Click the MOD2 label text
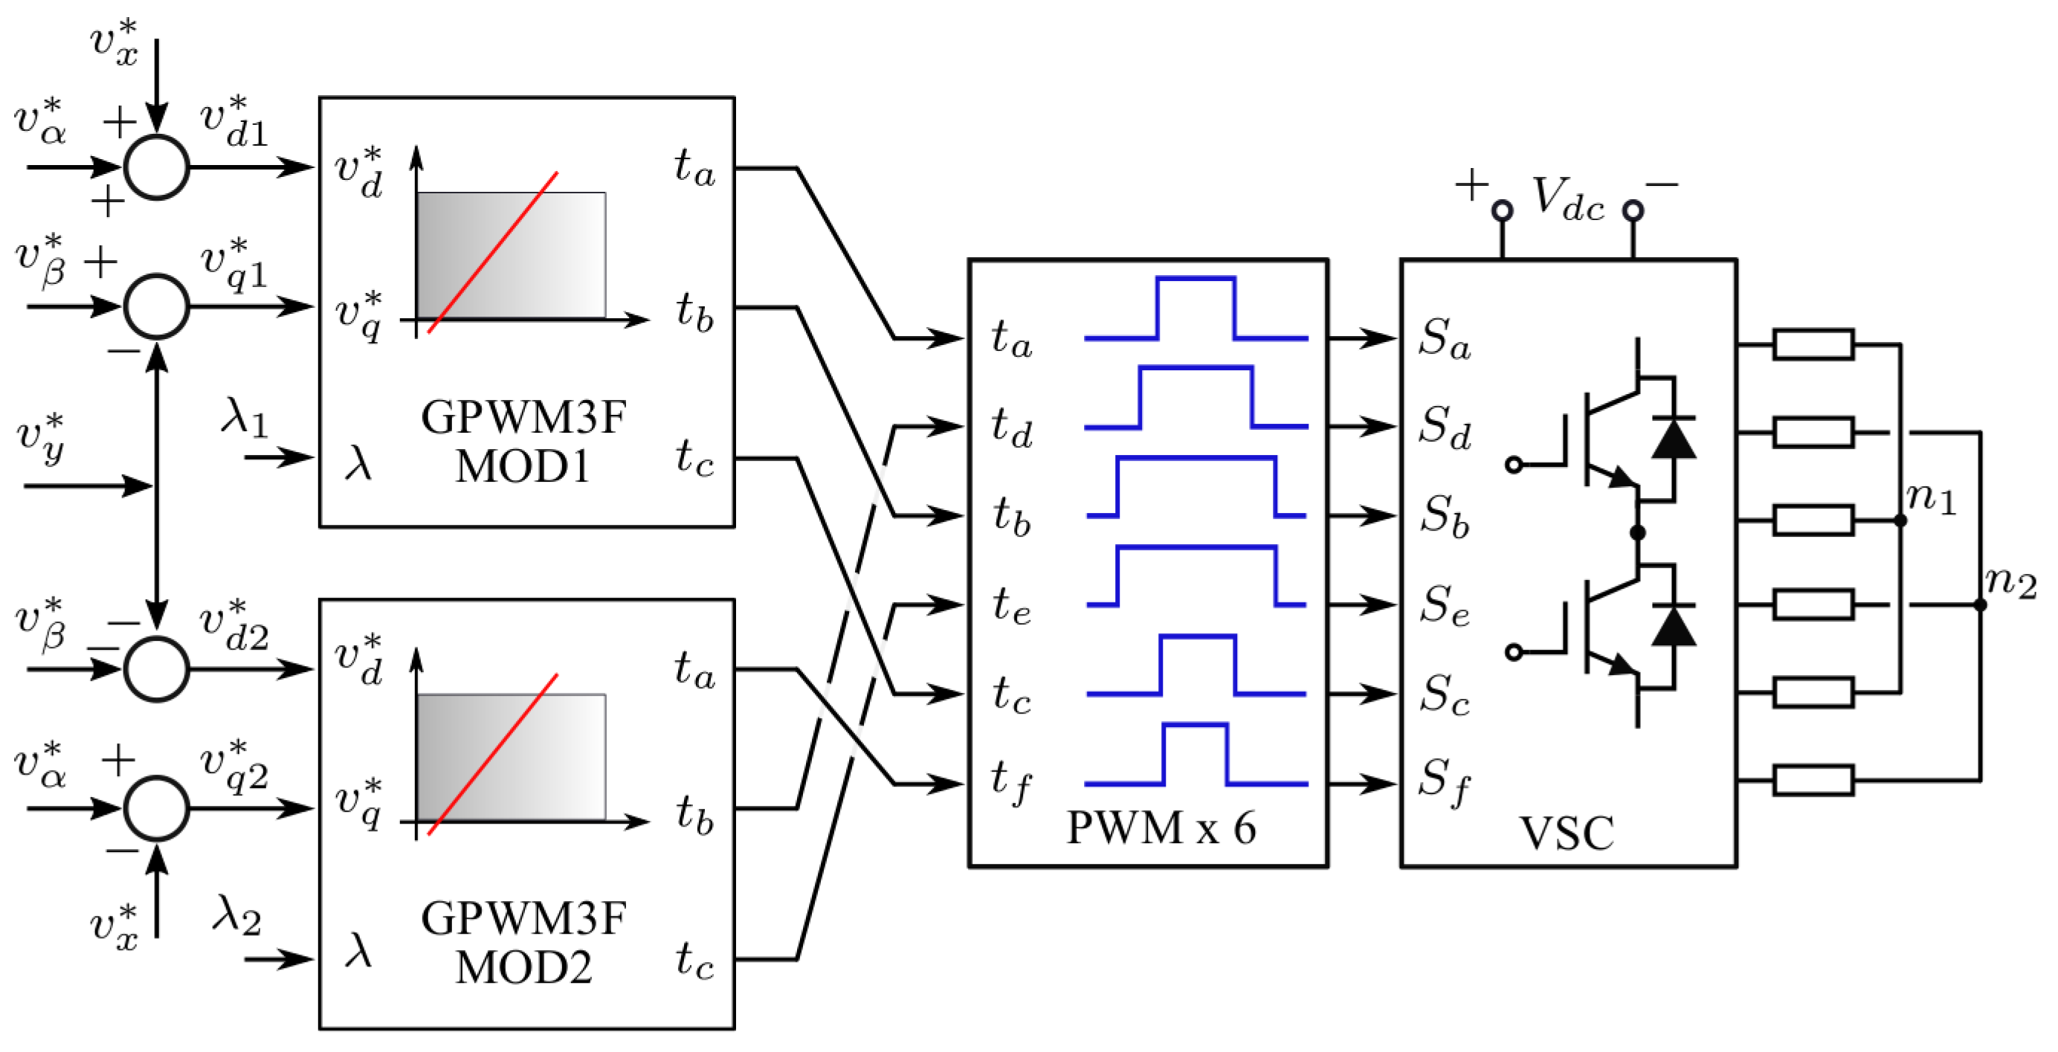(523, 967)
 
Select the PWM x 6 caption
(1161, 827)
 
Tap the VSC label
(1566, 833)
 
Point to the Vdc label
(1567, 197)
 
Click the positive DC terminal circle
(1502, 211)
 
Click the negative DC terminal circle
(1633, 211)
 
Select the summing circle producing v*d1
(157, 167)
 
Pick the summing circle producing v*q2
(157, 807)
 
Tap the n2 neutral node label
(2010, 582)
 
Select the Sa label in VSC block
(1444, 338)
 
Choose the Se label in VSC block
(1444, 604)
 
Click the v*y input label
(41, 439)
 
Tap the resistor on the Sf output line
(1813, 780)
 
